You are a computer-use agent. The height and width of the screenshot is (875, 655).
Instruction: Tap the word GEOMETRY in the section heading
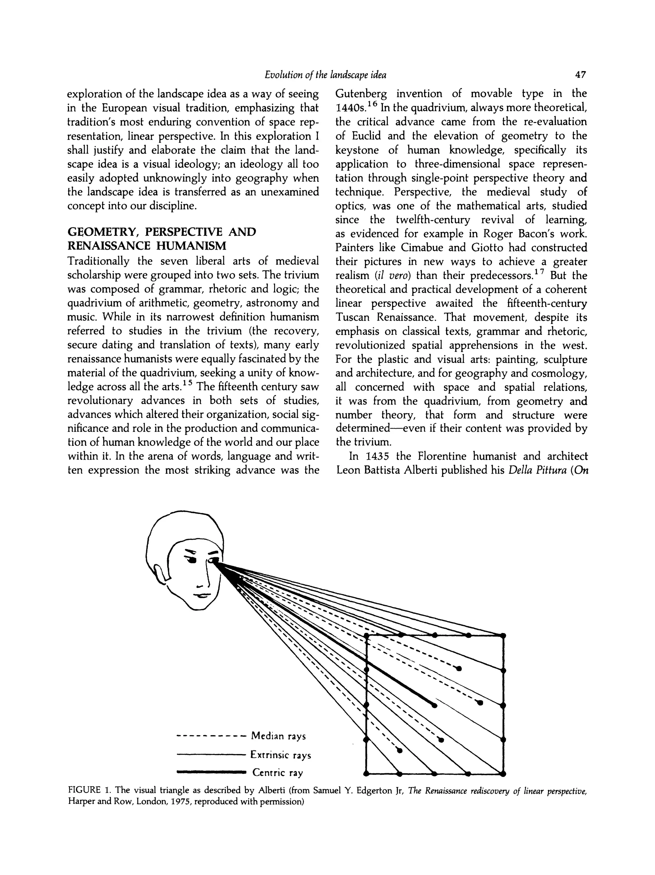pyautogui.click(x=102, y=232)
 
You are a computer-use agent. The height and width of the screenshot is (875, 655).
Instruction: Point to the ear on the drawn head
pyautogui.click(x=161, y=577)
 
